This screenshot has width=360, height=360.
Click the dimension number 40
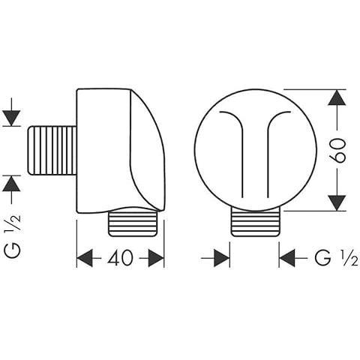click(x=120, y=258)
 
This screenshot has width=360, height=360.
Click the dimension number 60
click(x=337, y=151)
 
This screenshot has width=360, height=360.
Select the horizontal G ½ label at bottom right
click(x=336, y=258)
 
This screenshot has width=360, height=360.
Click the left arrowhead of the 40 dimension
click(x=85, y=258)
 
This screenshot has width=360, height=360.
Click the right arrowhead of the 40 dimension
click(x=156, y=258)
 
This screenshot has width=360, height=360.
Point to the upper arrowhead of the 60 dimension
click(x=337, y=97)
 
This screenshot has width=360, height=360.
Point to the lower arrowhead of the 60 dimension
click(x=337, y=202)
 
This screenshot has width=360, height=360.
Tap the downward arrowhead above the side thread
click(x=12, y=118)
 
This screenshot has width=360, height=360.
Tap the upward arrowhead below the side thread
click(x=12, y=183)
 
